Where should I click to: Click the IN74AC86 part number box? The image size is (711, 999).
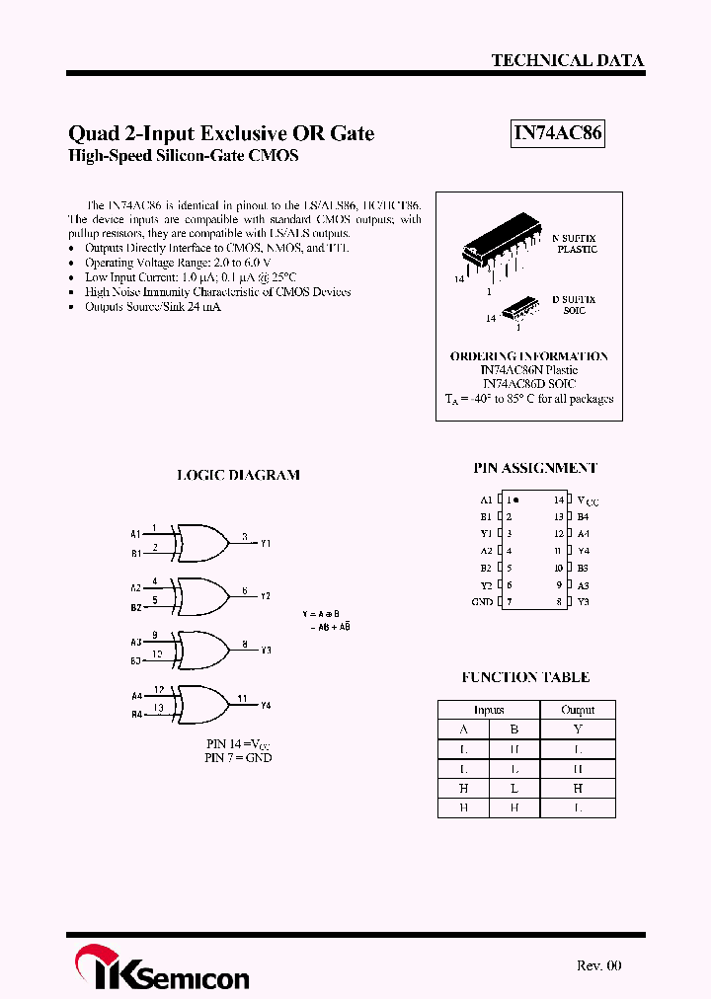click(557, 133)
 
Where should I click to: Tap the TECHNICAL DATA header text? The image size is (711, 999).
click(567, 60)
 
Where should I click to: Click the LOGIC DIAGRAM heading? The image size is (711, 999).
click(238, 475)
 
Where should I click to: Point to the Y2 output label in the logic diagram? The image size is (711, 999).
click(266, 596)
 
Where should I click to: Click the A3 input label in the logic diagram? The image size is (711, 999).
click(136, 642)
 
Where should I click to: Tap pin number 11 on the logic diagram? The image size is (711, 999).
click(242, 699)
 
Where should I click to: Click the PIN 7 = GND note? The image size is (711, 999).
click(238, 757)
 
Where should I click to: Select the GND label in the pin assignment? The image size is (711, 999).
click(482, 601)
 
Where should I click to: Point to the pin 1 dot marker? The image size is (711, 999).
click(516, 500)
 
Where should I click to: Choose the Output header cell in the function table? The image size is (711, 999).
click(578, 710)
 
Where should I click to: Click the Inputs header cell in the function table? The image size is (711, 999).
click(489, 710)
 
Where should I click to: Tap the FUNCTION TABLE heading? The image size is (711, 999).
click(525, 677)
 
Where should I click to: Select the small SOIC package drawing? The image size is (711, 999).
click(517, 310)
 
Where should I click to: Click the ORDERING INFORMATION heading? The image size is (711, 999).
click(529, 356)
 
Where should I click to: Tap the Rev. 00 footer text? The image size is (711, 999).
click(599, 965)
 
